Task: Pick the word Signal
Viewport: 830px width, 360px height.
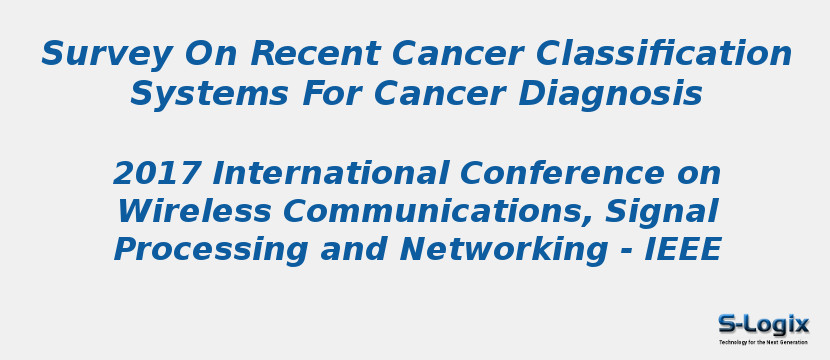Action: (662, 212)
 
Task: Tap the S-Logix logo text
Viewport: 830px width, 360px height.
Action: (763, 323)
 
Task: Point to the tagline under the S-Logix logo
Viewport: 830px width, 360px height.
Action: (763, 342)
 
